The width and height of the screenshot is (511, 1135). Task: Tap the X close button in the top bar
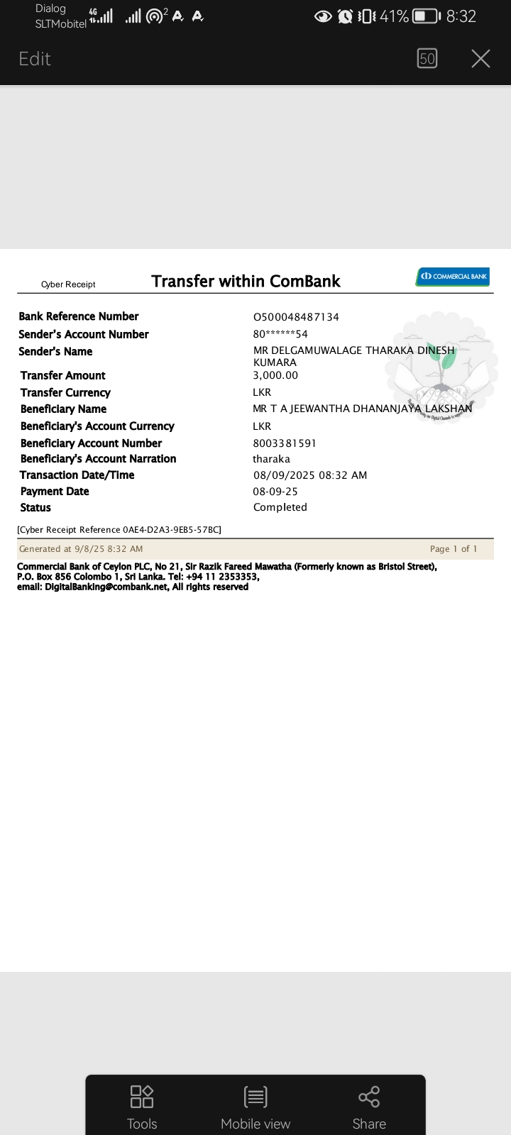pos(480,59)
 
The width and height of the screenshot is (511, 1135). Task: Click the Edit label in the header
pos(35,59)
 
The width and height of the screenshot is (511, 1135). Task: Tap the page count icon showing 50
pos(427,59)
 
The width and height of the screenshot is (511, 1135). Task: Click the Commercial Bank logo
pos(453,276)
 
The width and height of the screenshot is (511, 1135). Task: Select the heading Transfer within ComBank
pos(246,282)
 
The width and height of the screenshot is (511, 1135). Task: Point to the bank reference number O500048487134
pos(296,317)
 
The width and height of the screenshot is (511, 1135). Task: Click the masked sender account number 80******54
pos(280,334)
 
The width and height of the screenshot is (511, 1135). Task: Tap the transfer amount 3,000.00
pos(275,375)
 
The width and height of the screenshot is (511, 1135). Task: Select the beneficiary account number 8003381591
pos(285,443)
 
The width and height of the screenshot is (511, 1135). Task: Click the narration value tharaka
pos(271,459)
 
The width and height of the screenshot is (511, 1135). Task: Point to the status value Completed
pos(280,507)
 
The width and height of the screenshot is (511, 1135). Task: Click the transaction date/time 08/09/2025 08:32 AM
pos(310,475)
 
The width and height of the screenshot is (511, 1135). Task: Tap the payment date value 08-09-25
pos(275,492)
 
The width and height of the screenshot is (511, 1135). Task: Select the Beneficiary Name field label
pos(63,409)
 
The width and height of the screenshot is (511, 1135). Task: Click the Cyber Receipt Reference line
pos(119,530)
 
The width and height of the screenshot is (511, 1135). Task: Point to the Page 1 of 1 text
pos(454,549)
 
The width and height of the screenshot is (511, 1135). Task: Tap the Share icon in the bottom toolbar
pos(369,1097)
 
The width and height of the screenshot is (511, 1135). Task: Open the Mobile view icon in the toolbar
pos(255,1097)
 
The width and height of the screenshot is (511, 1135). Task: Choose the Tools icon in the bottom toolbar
pos(142,1097)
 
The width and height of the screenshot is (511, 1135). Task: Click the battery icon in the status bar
pos(426,16)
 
